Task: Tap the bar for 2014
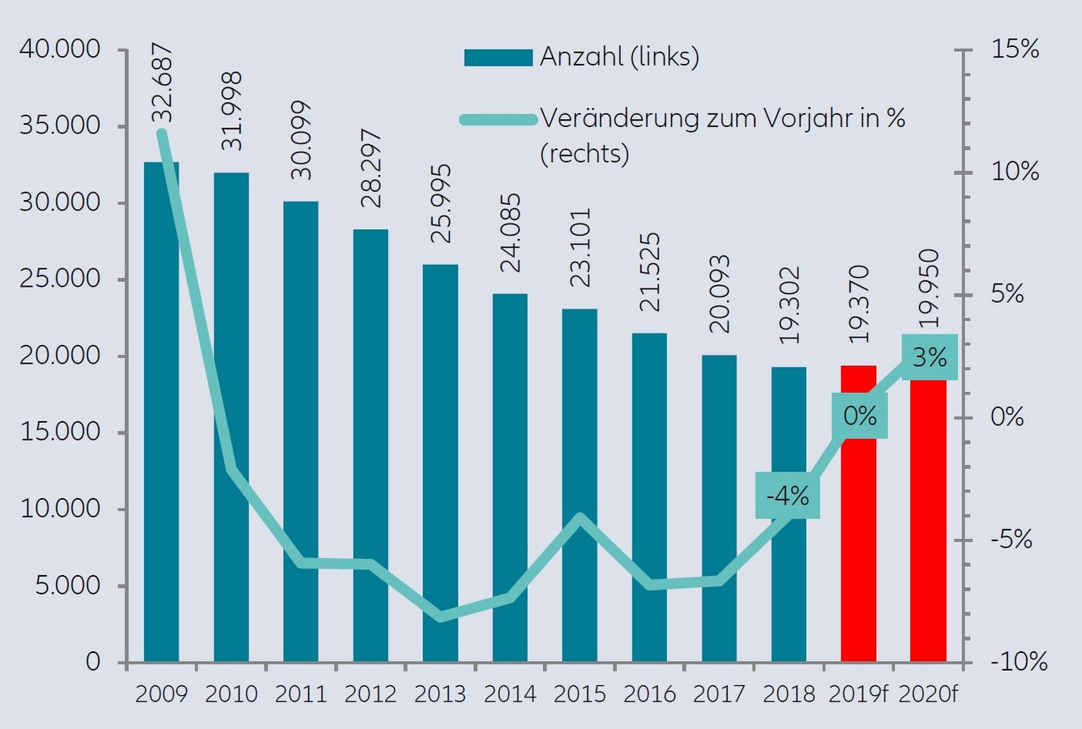tap(510, 478)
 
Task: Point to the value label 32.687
tap(162, 85)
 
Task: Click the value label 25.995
tap(440, 204)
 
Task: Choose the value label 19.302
tap(789, 305)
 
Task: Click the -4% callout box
tap(787, 495)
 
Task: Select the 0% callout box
tap(860, 416)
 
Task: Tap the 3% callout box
tap(929, 357)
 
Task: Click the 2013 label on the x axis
tap(440, 694)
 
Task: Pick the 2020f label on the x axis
tap(929, 694)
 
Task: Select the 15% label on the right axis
tap(1015, 49)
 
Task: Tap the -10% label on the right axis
tap(1018, 662)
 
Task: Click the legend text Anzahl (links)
tap(619, 57)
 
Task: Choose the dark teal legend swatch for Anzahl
tap(498, 58)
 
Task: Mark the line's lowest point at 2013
tap(440, 617)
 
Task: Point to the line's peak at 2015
tap(579, 517)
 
